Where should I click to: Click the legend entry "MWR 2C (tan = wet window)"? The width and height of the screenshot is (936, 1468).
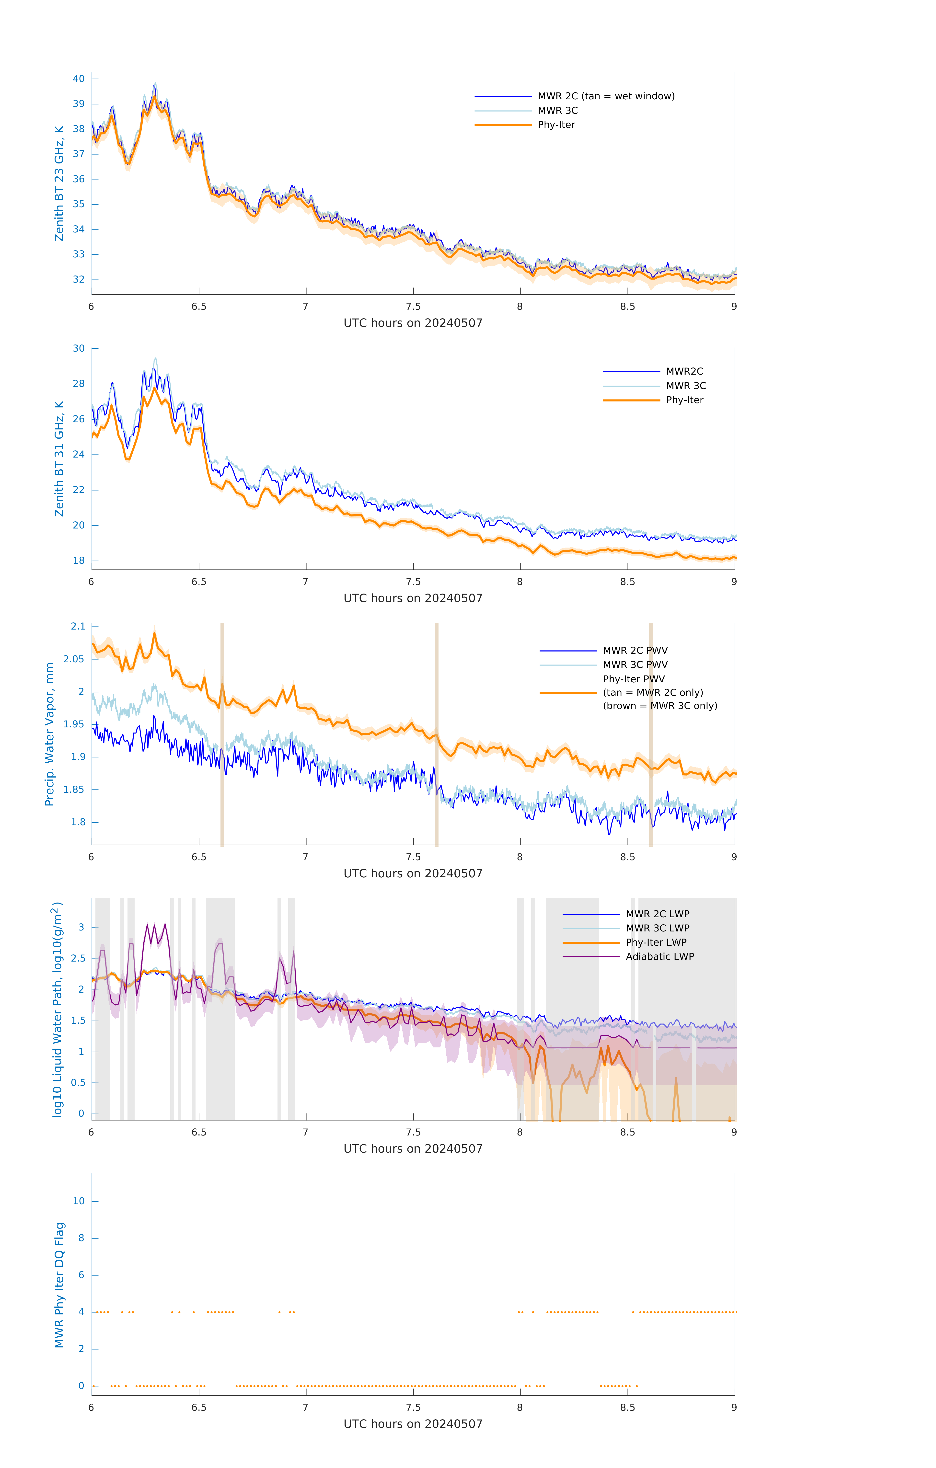pos(605,96)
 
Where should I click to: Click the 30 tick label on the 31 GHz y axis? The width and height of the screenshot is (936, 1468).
pos(79,349)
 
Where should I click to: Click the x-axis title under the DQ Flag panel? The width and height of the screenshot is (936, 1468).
pos(413,1424)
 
